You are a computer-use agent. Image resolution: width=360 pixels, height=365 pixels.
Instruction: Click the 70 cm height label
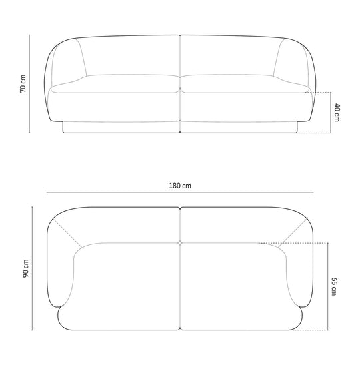(x=23, y=84)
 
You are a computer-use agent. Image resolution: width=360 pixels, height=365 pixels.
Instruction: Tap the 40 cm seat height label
(x=337, y=113)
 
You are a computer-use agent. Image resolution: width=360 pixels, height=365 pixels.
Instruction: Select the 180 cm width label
(x=180, y=186)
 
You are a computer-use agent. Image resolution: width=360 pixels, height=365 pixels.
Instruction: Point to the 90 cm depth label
(x=25, y=268)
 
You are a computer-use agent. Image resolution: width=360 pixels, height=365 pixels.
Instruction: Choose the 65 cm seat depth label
(x=334, y=286)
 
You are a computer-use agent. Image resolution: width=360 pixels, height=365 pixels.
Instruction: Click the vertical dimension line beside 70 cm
(x=29, y=84)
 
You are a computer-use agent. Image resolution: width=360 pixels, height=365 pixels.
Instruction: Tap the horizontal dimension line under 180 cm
(x=180, y=192)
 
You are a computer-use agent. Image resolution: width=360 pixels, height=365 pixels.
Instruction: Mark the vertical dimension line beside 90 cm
(x=32, y=268)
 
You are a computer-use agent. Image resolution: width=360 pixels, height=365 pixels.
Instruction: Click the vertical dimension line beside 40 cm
(x=331, y=113)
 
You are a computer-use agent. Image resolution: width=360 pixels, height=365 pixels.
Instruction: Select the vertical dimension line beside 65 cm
(x=328, y=286)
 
